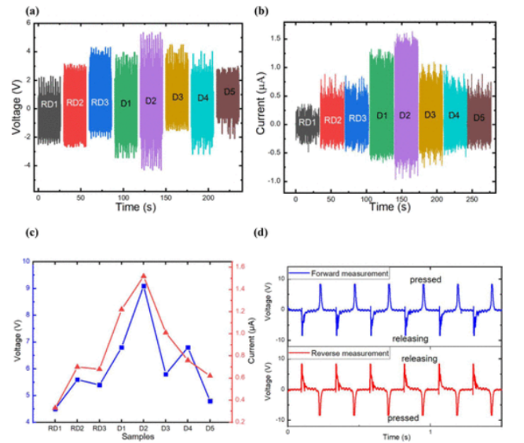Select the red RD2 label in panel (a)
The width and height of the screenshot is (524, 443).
pyautogui.click(x=74, y=103)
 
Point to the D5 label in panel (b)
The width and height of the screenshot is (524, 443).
pyautogui.click(x=479, y=117)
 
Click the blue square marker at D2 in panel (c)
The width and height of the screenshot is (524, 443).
pyautogui.click(x=144, y=286)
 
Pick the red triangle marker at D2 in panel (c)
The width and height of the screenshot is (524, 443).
pyautogui.click(x=144, y=275)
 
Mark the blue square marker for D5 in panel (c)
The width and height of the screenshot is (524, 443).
pyautogui.click(x=211, y=401)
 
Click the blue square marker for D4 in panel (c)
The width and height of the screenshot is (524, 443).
pyautogui.click(x=188, y=347)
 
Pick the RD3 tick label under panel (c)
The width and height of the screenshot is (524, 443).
pyautogui.click(x=99, y=428)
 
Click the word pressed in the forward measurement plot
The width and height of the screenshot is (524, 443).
pyautogui.click(x=426, y=280)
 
